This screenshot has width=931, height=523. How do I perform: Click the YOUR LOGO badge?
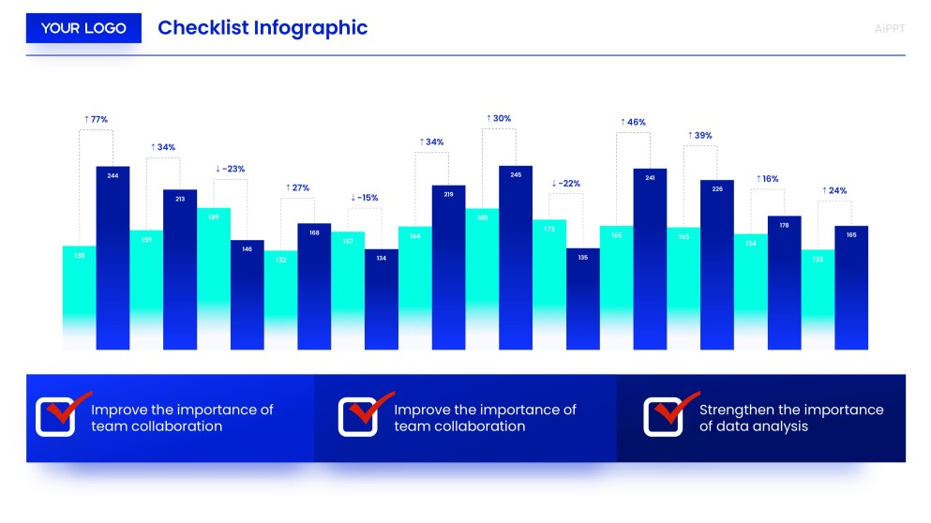click(x=83, y=28)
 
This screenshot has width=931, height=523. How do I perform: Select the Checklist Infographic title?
click(x=263, y=28)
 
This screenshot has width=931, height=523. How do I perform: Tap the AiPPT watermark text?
click(x=889, y=28)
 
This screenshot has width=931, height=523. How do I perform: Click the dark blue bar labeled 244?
click(x=113, y=258)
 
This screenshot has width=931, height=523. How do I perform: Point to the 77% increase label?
click(x=96, y=119)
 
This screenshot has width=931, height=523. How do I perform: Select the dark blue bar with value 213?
click(x=180, y=269)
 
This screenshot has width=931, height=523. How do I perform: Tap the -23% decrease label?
click(x=230, y=169)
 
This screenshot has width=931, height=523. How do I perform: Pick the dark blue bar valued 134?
click(x=382, y=298)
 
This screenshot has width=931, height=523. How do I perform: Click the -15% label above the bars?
click(x=365, y=198)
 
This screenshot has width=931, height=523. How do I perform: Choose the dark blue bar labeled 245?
click(x=516, y=258)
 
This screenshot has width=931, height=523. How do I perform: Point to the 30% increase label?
click(x=499, y=118)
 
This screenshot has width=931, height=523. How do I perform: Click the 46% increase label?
click(x=633, y=122)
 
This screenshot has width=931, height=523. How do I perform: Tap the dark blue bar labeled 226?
click(x=717, y=264)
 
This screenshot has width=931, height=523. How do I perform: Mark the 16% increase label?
click(x=767, y=178)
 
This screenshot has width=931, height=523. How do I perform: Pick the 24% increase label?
click(x=834, y=190)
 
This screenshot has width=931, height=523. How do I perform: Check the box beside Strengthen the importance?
click(x=662, y=417)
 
